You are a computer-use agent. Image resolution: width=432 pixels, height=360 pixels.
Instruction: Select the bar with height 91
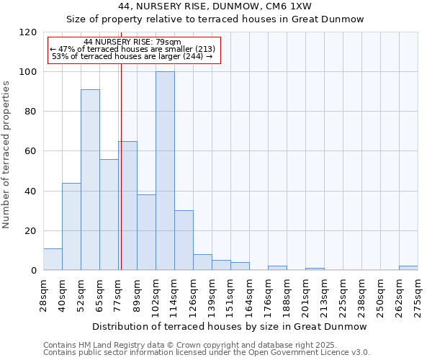click(90, 180)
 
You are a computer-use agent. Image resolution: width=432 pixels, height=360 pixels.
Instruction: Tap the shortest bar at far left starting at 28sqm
click(53, 259)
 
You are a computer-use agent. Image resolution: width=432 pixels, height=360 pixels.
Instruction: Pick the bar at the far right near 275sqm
click(408, 268)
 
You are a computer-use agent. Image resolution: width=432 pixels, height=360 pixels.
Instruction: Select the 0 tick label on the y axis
click(33, 271)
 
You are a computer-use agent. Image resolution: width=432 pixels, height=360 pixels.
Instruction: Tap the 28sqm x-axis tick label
click(43, 294)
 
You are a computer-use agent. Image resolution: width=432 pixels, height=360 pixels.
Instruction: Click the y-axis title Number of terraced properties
click(7, 155)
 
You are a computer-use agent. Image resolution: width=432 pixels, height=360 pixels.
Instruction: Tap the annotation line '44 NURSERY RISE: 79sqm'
click(132, 42)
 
